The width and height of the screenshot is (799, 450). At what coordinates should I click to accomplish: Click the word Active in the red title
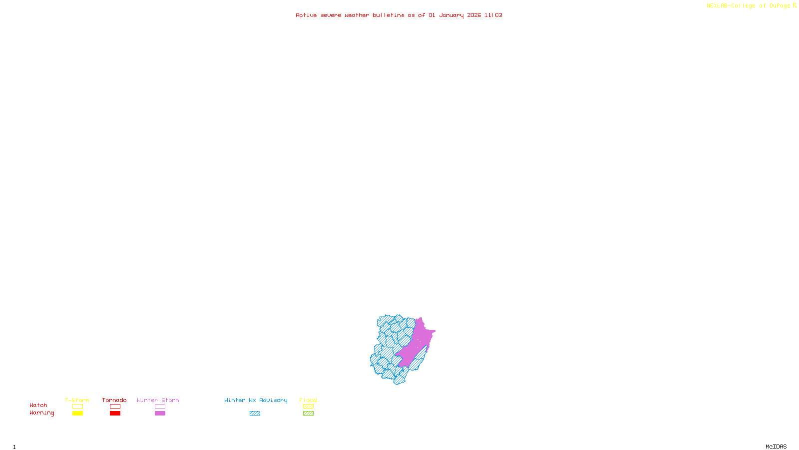point(306,15)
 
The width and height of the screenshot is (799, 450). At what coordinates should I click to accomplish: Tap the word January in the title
point(451,15)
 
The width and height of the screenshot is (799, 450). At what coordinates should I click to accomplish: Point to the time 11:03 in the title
point(493,15)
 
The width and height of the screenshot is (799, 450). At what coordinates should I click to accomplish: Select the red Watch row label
point(38,405)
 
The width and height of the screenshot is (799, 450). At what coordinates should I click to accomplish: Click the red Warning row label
point(41,413)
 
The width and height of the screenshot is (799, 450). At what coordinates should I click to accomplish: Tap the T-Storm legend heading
point(77,400)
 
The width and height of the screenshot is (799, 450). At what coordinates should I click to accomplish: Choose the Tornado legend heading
point(114,400)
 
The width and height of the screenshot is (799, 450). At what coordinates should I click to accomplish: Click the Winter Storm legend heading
point(158,400)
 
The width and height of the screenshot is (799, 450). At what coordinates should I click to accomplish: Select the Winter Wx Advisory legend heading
point(256,400)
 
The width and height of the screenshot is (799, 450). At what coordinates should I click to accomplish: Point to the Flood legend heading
point(308,400)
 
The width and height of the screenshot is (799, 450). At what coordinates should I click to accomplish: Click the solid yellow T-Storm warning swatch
point(77,413)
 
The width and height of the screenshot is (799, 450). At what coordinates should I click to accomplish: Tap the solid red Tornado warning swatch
point(115,413)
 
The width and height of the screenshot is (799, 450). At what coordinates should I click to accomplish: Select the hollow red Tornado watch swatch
point(115,406)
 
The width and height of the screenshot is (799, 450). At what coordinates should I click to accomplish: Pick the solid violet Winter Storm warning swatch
point(160,413)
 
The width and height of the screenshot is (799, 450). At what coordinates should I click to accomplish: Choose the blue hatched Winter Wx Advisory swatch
point(255,413)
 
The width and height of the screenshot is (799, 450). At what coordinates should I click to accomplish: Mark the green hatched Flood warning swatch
point(308,413)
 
